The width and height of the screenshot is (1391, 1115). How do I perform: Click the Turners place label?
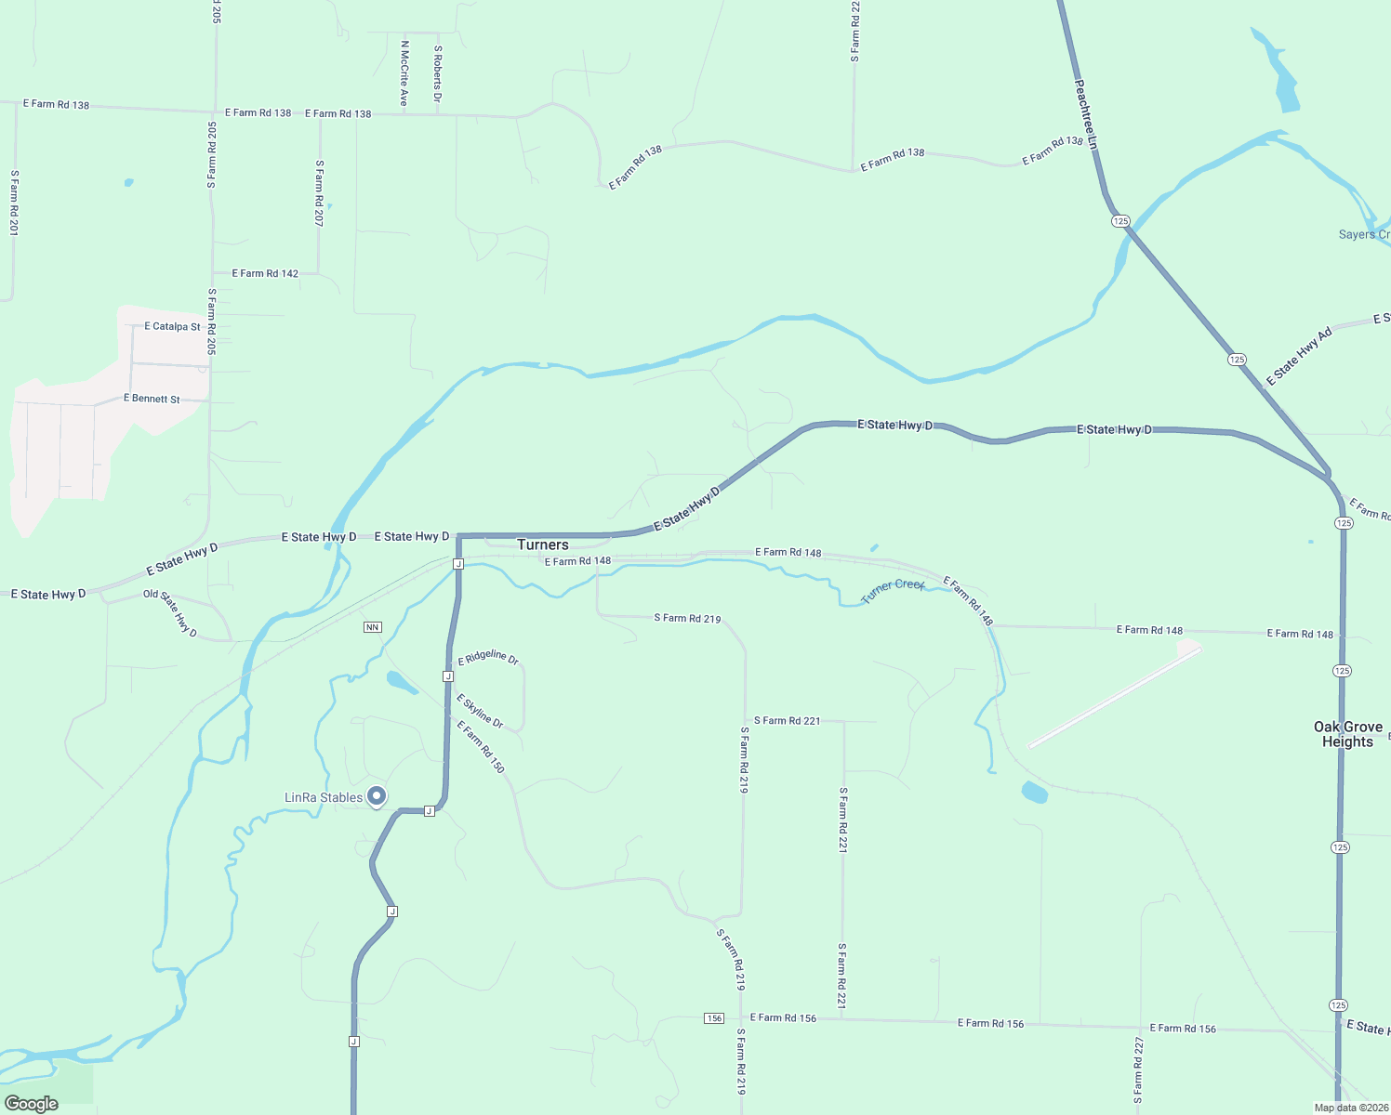coord(542,545)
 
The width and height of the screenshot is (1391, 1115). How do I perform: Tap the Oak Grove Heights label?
coord(1347,734)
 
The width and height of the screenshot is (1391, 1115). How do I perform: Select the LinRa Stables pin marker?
coord(377,796)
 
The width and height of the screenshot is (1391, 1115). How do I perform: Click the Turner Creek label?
coord(893,590)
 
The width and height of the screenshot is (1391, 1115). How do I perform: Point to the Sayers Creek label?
coord(1364,234)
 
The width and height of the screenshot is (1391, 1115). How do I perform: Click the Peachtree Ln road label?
coord(1086,115)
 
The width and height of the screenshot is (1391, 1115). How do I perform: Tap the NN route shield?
coord(373,627)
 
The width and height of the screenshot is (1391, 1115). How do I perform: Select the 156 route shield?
coord(713,1018)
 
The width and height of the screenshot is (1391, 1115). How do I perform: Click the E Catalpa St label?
coord(172,327)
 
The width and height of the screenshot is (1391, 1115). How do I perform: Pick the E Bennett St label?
coord(152,399)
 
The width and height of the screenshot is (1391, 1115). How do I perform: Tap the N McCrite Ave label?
coord(404,72)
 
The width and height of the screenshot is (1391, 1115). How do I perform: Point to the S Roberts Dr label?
coord(438,72)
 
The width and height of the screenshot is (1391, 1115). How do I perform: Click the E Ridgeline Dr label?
coord(488,658)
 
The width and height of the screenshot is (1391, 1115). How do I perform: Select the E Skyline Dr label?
coord(480,711)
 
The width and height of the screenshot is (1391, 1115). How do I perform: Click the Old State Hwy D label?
coord(170,613)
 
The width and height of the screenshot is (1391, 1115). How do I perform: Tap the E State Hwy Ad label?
coord(1299,356)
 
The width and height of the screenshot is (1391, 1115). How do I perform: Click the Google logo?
coord(31,1104)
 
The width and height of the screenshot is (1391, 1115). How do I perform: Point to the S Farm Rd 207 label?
coord(319,193)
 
